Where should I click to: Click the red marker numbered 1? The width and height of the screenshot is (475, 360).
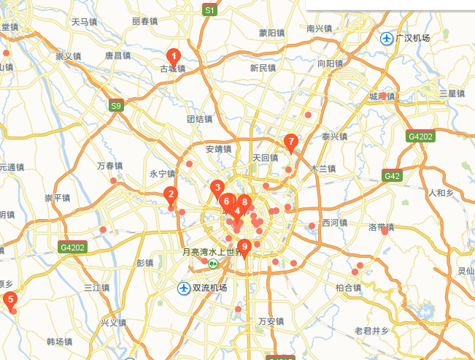[174, 55]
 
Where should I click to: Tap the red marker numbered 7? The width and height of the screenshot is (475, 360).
[290, 142]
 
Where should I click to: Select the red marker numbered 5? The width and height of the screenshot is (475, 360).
[10, 299]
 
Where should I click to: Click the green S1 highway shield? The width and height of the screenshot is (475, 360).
[210, 10]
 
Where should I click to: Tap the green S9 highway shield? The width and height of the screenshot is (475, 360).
[116, 106]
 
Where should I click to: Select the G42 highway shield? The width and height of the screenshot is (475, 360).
[392, 175]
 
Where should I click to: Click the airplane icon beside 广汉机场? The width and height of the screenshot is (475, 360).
[387, 38]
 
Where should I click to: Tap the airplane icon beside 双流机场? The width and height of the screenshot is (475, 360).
[184, 288]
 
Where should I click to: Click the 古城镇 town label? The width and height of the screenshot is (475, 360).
[173, 69]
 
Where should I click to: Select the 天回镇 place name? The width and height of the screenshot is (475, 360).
[265, 158]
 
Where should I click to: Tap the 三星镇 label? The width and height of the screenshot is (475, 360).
[452, 93]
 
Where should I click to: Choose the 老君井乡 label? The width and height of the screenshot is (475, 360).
[371, 331]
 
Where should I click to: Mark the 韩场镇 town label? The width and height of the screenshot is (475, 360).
[59, 342]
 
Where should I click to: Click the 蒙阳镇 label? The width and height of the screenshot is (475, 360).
[271, 33]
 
